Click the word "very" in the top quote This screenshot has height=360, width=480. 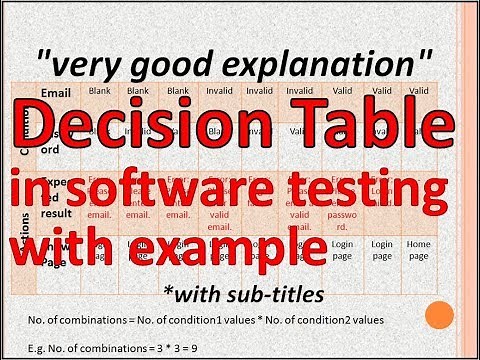coord(89,67)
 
